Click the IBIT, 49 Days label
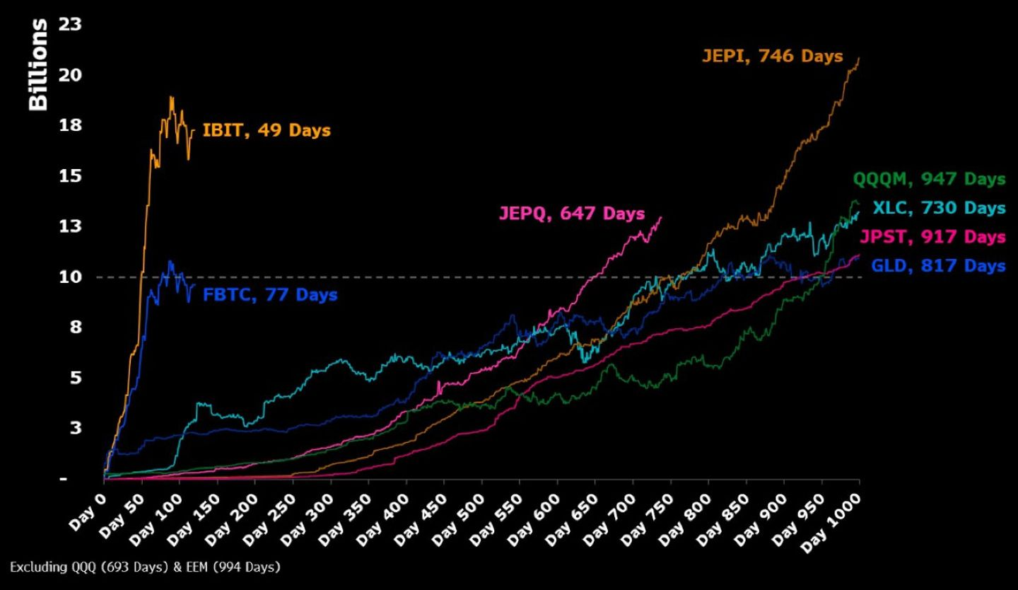pyautogui.click(x=267, y=130)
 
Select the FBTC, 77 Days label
pyautogui.click(x=270, y=294)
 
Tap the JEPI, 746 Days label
pyautogui.click(x=772, y=56)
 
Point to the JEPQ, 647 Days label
pyautogui.click(x=571, y=213)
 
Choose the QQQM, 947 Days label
pyautogui.click(x=928, y=178)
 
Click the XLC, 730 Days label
pyautogui.click(x=938, y=208)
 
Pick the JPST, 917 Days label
pyautogui.click(x=932, y=236)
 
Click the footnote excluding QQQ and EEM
pyautogui.click(x=145, y=567)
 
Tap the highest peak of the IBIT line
pyautogui.click(x=171, y=97)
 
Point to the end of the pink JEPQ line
pyautogui.click(x=661, y=217)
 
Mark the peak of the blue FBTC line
pyautogui.click(x=170, y=261)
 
